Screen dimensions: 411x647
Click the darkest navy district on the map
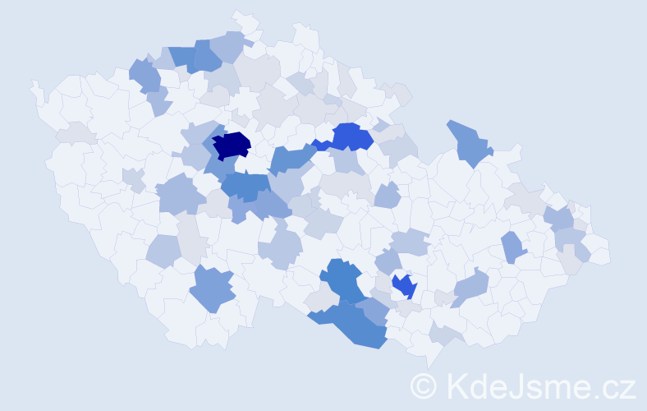tap(232, 145)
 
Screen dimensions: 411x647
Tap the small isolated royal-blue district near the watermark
tap(404, 286)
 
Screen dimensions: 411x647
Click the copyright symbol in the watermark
tap(424, 385)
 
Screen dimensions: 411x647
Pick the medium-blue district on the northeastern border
tap(469, 141)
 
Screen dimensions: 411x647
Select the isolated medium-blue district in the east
tap(513, 247)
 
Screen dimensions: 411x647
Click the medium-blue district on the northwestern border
tap(145, 76)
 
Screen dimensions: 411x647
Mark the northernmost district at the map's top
tap(244, 20)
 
